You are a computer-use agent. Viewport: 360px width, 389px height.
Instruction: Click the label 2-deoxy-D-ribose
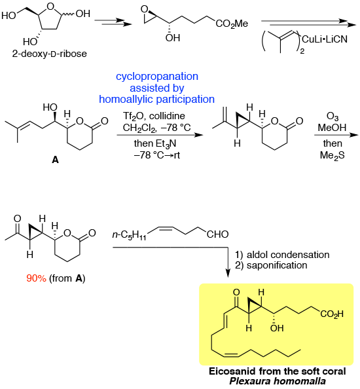coord(50,54)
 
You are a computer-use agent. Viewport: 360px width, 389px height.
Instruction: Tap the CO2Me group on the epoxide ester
coord(232,24)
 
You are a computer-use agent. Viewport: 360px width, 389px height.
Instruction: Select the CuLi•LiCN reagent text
coord(325,39)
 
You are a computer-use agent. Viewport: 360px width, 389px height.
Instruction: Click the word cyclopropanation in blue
coord(157,76)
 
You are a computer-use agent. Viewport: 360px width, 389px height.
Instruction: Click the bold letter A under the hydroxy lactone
coord(55,160)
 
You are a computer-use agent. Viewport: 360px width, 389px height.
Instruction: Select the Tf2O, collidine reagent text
coord(154,116)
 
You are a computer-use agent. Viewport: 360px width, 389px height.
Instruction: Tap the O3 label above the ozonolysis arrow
coord(333,116)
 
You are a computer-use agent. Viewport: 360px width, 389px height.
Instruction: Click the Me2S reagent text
coord(333,155)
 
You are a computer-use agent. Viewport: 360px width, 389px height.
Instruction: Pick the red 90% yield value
coord(36,278)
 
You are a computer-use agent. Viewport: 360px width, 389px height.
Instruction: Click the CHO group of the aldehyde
coord(218,234)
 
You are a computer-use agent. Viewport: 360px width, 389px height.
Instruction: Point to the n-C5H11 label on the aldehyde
coord(129,235)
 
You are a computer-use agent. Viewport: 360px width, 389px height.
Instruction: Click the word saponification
coord(277,265)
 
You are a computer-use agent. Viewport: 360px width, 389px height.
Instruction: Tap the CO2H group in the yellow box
coord(332,314)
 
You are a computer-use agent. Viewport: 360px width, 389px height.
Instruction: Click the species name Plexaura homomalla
coord(278,381)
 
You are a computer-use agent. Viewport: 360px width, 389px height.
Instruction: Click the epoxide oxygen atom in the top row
coord(144,9)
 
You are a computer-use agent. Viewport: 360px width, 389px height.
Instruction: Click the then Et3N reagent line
coord(155,143)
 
